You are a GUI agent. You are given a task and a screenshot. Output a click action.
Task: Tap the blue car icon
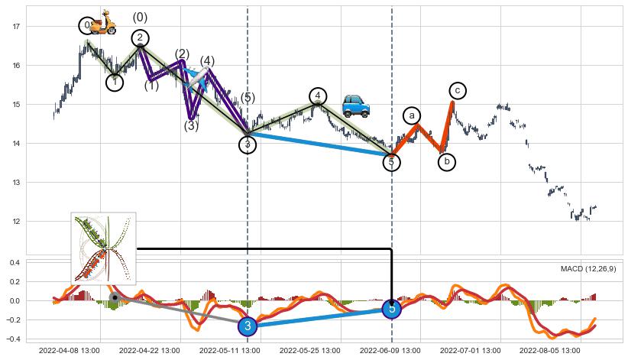(x=356, y=106)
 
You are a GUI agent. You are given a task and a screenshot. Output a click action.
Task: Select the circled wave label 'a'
(x=412, y=115)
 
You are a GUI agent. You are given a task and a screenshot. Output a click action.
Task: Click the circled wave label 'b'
(x=447, y=162)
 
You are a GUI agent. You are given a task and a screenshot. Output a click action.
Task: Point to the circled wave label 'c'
(x=457, y=91)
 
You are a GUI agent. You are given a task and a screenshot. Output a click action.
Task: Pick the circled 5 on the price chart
(x=391, y=162)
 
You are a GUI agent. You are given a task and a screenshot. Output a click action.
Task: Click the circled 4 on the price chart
(x=318, y=96)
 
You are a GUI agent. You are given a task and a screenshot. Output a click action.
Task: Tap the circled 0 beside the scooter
(x=87, y=26)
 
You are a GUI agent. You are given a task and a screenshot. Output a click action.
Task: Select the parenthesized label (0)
(x=140, y=18)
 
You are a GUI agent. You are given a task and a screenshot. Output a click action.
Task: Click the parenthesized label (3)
(x=191, y=126)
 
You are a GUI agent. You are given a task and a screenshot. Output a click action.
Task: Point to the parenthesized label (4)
(x=207, y=61)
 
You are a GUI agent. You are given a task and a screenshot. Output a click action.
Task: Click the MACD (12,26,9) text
(x=588, y=269)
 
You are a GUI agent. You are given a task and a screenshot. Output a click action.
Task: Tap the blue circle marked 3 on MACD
(x=248, y=326)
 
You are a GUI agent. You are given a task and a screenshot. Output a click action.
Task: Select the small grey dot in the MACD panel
(x=114, y=297)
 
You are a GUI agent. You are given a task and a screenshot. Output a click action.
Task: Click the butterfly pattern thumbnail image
(x=103, y=248)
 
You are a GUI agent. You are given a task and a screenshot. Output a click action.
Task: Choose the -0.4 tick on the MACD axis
(x=13, y=339)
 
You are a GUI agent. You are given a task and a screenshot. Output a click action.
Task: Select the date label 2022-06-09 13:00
(x=392, y=351)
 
